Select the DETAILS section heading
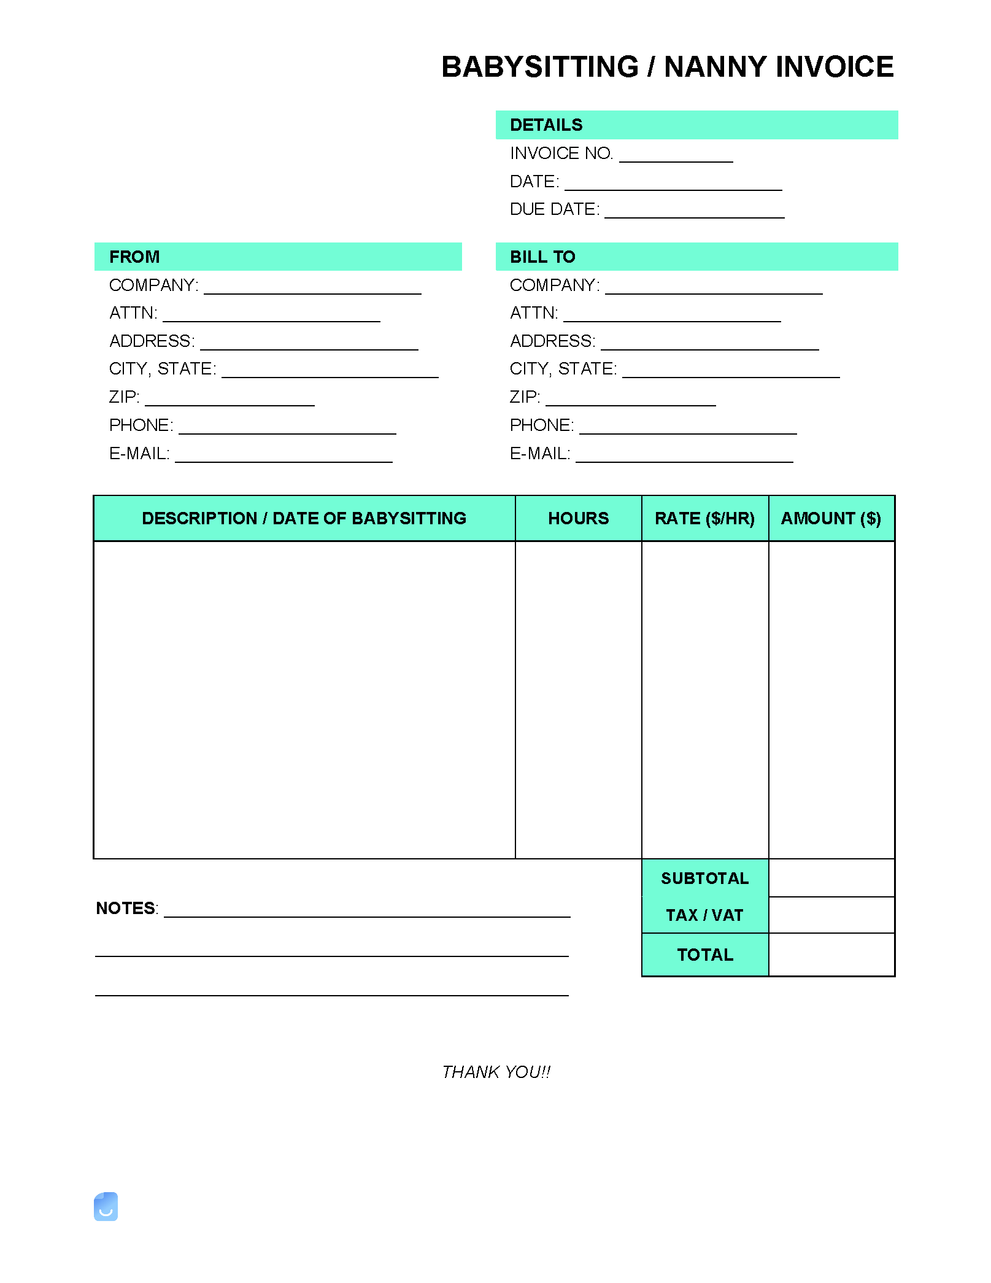(x=546, y=125)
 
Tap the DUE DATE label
(x=555, y=209)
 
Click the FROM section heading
(x=134, y=257)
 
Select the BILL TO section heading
(x=542, y=257)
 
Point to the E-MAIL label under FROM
(x=139, y=454)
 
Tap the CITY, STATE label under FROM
(x=163, y=369)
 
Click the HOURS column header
(x=578, y=519)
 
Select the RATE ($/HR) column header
(x=704, y=519)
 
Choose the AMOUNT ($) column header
(x=831, y=519)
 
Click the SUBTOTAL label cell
(x=704, y=878)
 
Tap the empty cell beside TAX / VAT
(x=831, y=915)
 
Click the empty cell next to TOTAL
(x=831, y=955)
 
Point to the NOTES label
(x=126, y=909)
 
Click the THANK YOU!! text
(x=496, y=1072)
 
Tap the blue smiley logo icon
(x=106, y=1207)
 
